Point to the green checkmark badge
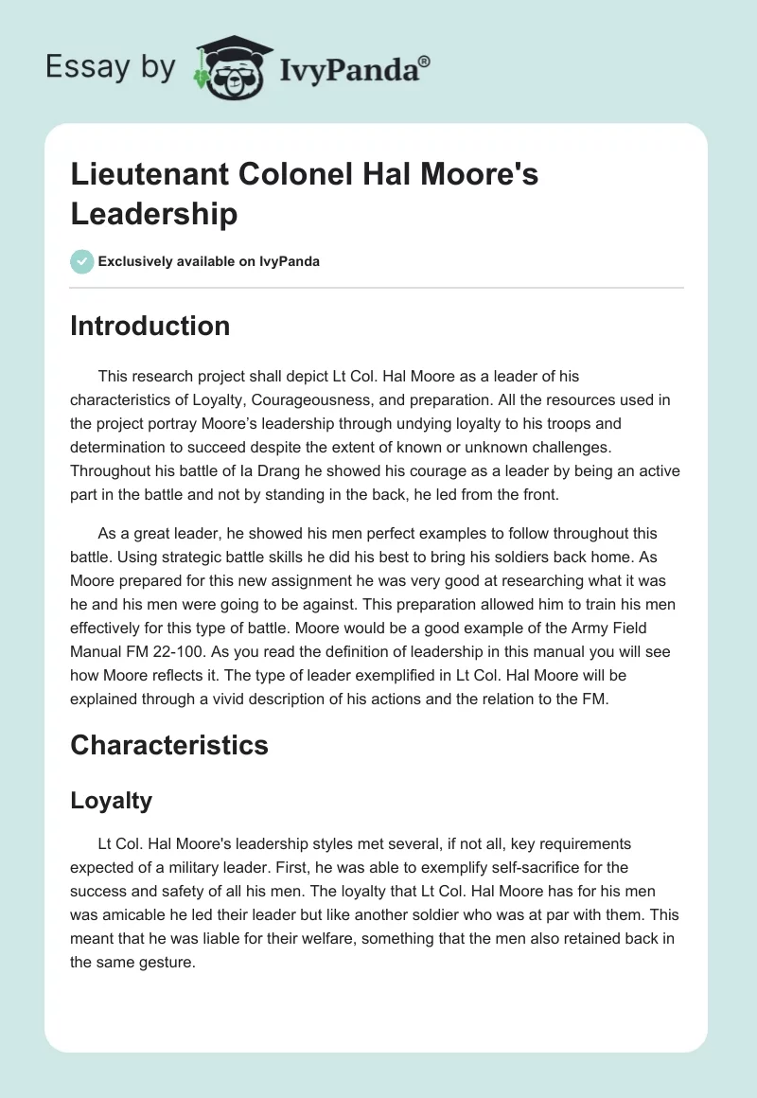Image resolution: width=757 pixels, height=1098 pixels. pyautogui.click(x=81, y=261)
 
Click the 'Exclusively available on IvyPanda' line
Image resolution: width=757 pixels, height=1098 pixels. pyautogui.click(x=209, y=261)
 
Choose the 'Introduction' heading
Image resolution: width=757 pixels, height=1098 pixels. pyautogui.click(x=150, y=326)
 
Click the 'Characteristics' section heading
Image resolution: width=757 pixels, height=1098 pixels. pyautogui.click(x=169, y=745)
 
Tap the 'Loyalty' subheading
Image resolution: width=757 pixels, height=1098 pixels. pyautogui.click(x=112, y=800)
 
